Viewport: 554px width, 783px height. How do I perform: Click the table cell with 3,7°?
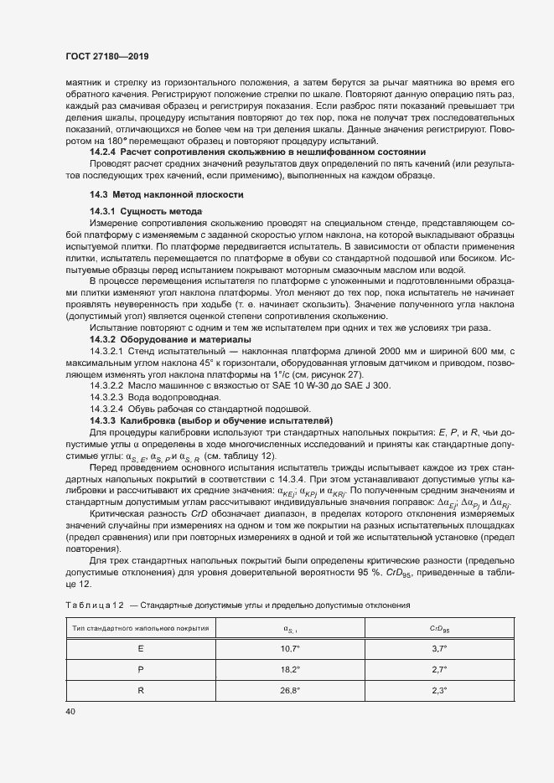[439, 648]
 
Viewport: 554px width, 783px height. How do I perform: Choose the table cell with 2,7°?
[439, 669]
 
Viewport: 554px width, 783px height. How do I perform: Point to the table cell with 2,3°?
[439, 691]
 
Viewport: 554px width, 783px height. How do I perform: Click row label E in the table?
[140, 648]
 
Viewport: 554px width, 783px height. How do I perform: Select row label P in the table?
[140, 669]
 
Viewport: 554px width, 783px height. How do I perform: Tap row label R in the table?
[140, 691]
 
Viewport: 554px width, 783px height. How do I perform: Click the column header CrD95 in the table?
[439, 627]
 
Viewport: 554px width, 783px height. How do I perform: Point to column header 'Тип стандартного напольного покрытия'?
[140, 627]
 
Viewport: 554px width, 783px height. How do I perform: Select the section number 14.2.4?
[104, 153]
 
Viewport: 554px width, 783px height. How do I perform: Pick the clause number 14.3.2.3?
[109, 396]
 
